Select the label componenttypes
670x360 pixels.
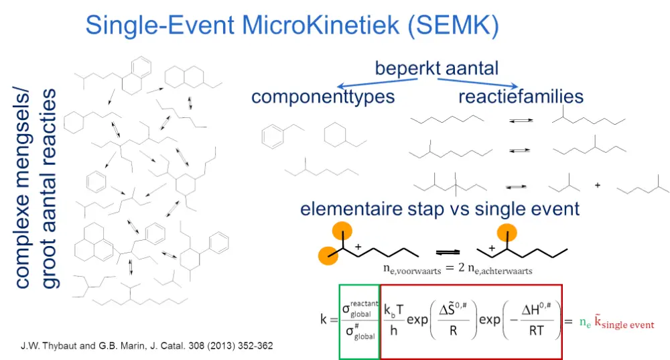[x=323, y=97]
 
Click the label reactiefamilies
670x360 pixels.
[x=521, y=97]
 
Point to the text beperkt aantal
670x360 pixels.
[x=436, y=68]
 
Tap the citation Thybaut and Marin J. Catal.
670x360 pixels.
[x=146, y=346]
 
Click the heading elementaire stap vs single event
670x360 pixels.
[x=440, y=208]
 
